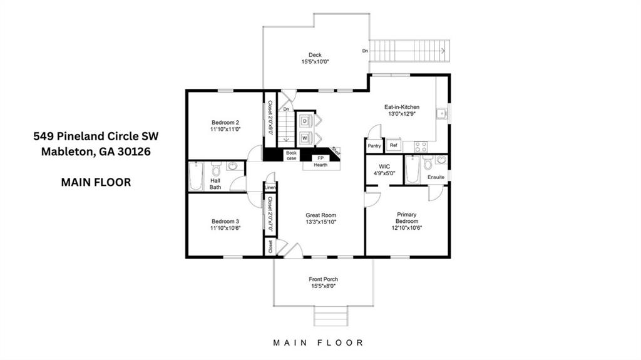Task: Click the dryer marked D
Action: click(x=305, y=120)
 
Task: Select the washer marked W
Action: click(x=305, y=138)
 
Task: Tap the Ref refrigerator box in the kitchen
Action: click(x=393, y=145)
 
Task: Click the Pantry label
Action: click(x=374, y=146)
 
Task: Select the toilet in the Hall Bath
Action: click(x=216, y=169)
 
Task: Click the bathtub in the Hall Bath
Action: click(x=196, y=175)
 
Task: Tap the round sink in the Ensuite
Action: click(x=441, y=160)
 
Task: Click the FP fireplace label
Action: click(x=320, y=158)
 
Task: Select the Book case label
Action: click(x=291, y=155)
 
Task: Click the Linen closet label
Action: click(x=270, y=187)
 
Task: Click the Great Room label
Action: click(x=320, y=215)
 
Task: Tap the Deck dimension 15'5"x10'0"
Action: click(x=315, y=62)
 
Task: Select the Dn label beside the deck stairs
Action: click(x=365, y=51)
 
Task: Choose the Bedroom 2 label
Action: click(x=225, y=122)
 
